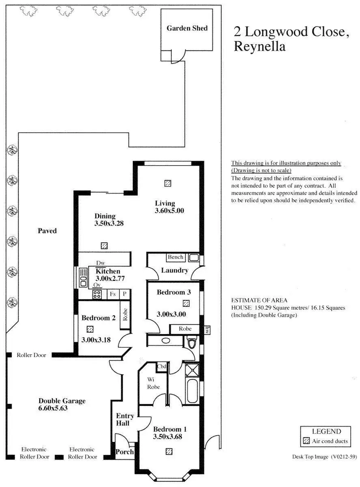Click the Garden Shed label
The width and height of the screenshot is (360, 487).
tap(187, 28)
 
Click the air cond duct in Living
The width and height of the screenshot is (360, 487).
tap(168, 183)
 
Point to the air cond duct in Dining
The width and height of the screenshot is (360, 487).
tap(104, 246)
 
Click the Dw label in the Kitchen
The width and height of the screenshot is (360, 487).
tap(100, 263)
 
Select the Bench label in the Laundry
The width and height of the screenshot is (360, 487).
tap(175, 257)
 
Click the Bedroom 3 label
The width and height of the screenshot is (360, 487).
tap(174, 292)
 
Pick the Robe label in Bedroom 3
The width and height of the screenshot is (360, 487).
tap(185, 329)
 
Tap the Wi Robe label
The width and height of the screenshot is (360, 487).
tap(153, 383)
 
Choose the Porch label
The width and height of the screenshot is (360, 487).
tap(125, 452)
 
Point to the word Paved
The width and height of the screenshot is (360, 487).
tap(47, 231)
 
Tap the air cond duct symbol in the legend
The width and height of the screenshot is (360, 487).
tap(306, 441)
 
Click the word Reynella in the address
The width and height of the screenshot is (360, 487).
tap(260, 47)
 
